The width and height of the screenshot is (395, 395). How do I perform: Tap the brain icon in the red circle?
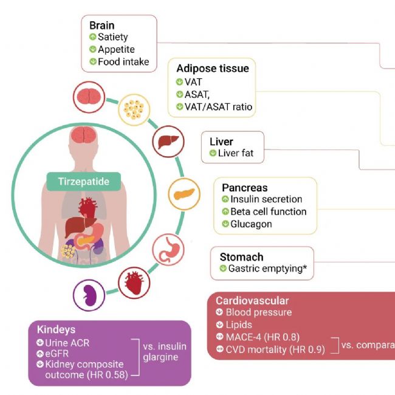89,98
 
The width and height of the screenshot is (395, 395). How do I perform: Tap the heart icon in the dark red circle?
134,283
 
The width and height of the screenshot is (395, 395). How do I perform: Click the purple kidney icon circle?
89,296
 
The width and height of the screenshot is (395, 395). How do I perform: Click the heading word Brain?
101,26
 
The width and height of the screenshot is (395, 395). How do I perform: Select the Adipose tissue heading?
212,69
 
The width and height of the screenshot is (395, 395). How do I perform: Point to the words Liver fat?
235,154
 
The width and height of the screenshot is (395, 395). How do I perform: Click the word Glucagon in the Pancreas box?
251,224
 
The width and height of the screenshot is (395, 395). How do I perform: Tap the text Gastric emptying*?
267,268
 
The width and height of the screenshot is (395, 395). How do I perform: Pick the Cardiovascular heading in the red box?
252,301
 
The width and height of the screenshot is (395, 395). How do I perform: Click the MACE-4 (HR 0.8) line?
263,337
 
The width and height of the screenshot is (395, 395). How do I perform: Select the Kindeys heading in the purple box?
56,329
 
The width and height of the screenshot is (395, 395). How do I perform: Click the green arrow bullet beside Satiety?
93,38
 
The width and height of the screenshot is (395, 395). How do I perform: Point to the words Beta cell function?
268,212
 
